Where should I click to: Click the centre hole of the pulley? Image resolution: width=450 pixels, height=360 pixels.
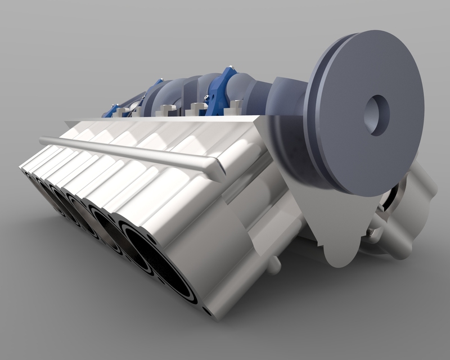(x=376, y=115)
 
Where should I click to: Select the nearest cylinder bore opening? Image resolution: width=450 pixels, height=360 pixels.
(x=163, y=264)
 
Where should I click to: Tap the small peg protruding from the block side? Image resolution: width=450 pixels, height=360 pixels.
(x=274, y=264)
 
